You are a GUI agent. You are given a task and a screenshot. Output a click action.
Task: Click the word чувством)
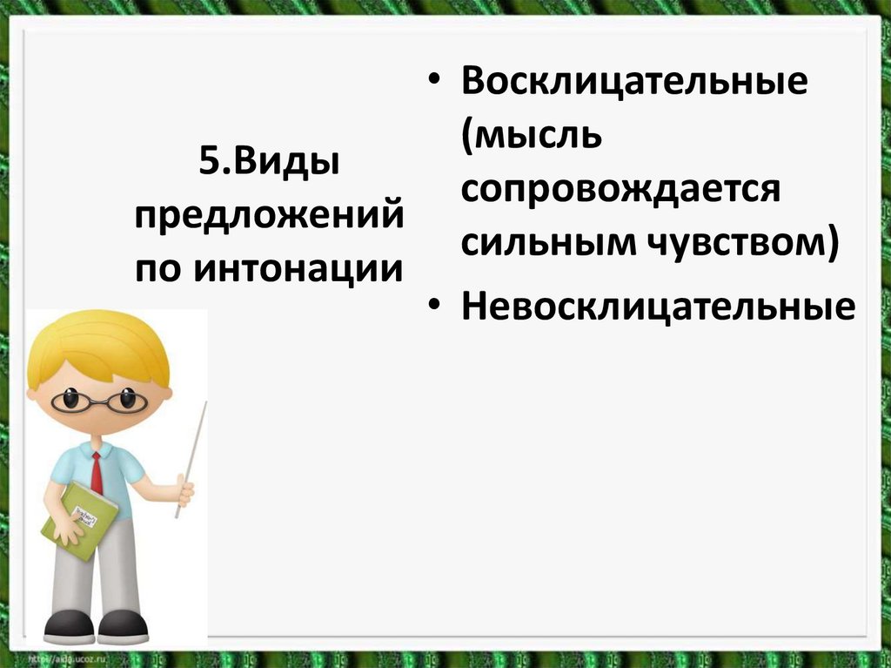click(x=741, y=243)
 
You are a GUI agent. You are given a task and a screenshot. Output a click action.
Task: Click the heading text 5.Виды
click(x=269, y=163)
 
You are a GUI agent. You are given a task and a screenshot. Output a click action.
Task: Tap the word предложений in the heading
click(x=269, y=215)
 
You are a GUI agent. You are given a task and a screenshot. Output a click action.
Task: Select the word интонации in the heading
click(x=298, y=268)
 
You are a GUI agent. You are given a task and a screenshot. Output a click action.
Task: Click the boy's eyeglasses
click(x=98, y=401)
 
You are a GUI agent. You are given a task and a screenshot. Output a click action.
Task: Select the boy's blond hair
click(x=96, y=344)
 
